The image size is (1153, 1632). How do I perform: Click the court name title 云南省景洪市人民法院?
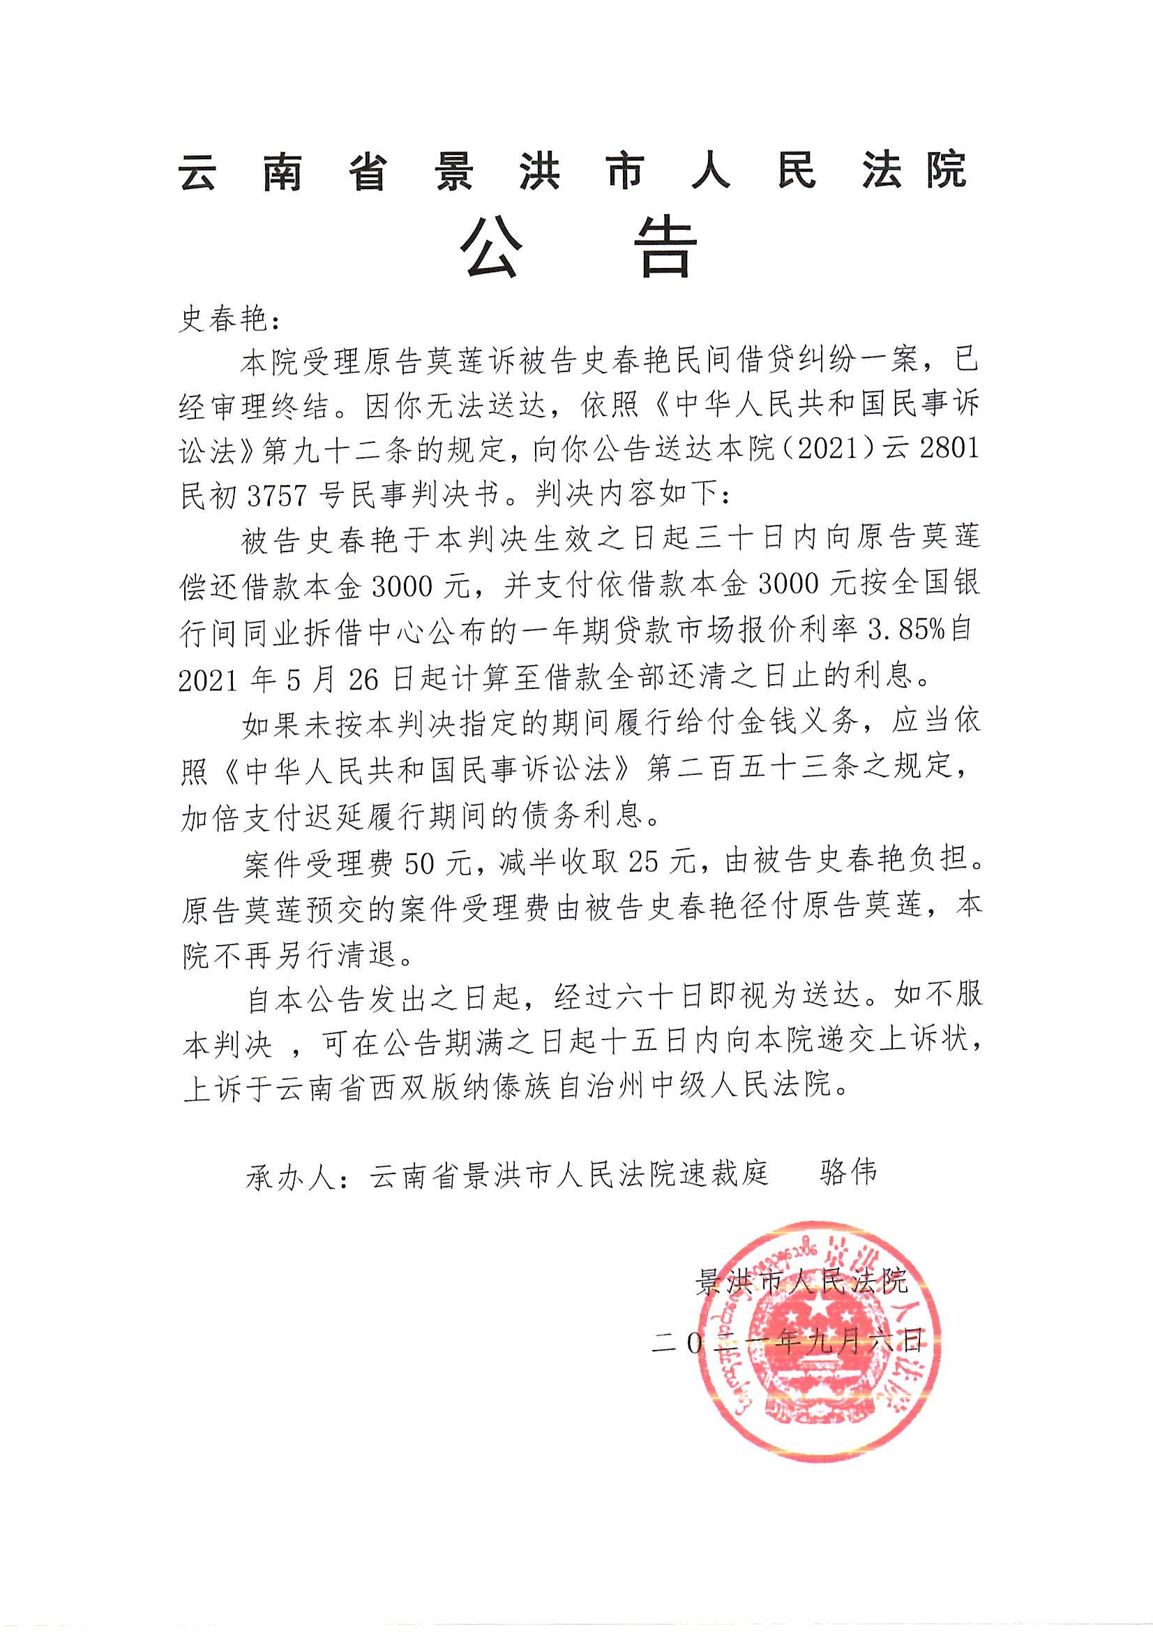point(573,170)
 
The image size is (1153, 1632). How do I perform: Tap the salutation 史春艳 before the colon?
point(221,319)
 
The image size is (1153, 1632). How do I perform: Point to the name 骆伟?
point(848,1172)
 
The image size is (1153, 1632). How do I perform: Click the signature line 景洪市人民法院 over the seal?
point(801,1282)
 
